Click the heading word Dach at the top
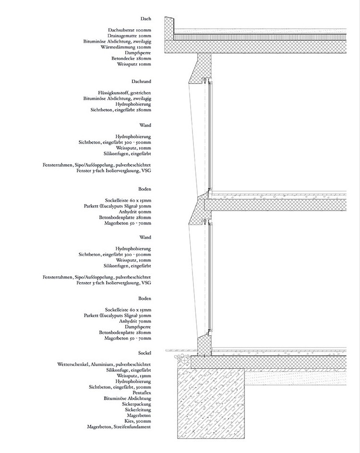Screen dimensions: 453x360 click(x=145, y=19)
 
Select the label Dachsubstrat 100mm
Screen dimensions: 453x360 click(x=130, y=30)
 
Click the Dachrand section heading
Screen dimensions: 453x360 click(x=141, y=82)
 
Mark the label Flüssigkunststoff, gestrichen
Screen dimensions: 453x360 click(x=123, y=93)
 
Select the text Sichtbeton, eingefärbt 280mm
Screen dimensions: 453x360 click(x=120, y=110)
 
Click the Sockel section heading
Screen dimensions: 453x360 click(x=144, y=353)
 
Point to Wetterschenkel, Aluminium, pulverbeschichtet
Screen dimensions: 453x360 click(x=104, y=365)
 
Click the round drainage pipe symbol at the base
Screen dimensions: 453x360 click(x=185, y=359)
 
